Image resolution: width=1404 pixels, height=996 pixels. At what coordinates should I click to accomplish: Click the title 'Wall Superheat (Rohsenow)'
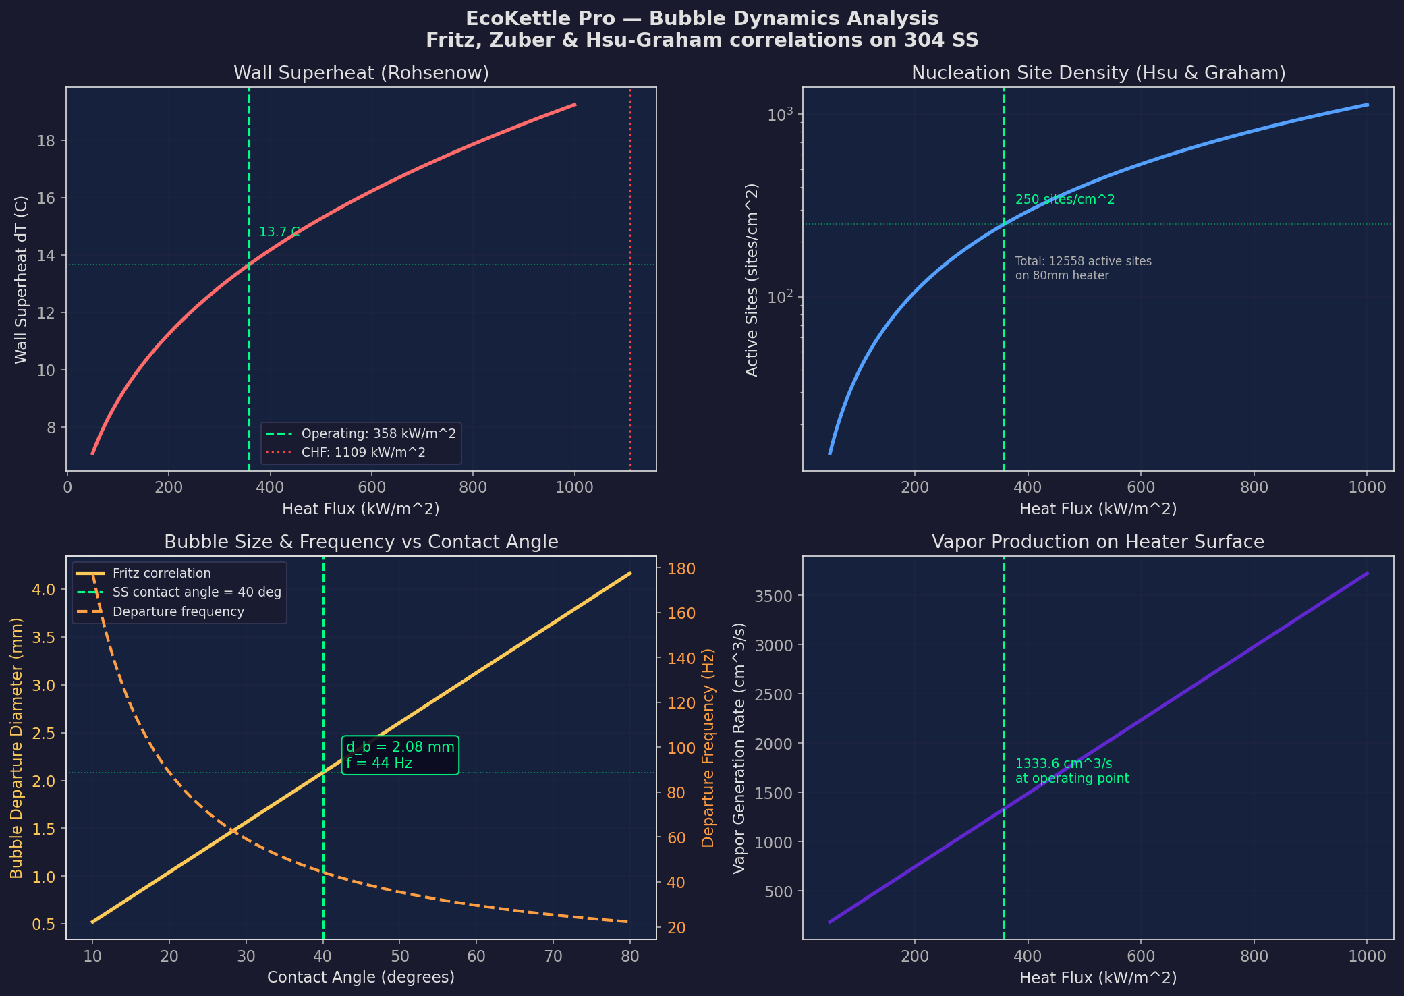click(361, 73)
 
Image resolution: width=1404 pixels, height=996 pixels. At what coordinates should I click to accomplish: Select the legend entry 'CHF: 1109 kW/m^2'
click(363, 452)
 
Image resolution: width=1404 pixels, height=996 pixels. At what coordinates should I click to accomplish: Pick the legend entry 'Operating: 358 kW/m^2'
click(378, 433)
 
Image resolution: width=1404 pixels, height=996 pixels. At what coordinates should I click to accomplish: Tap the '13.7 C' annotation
click(279, 232)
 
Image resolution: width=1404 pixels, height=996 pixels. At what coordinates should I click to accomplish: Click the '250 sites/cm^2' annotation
click(1065, 200)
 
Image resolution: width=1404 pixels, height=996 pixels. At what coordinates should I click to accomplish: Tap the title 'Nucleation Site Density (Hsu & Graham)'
click(1098, 73)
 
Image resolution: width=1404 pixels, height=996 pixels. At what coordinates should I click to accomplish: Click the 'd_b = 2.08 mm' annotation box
click(400, 755)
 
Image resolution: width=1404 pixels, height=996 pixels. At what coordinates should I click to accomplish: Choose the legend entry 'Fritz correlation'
click(162, 574)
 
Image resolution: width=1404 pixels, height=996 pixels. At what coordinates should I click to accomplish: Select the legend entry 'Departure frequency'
click(178, 611)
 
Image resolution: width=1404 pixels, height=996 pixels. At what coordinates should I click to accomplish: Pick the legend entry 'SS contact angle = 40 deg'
click(196, 592)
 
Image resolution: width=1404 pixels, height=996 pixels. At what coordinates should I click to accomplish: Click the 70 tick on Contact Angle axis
click(553, 956)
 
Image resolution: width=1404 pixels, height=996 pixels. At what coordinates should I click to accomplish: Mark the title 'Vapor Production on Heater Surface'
click(1098, 542)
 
